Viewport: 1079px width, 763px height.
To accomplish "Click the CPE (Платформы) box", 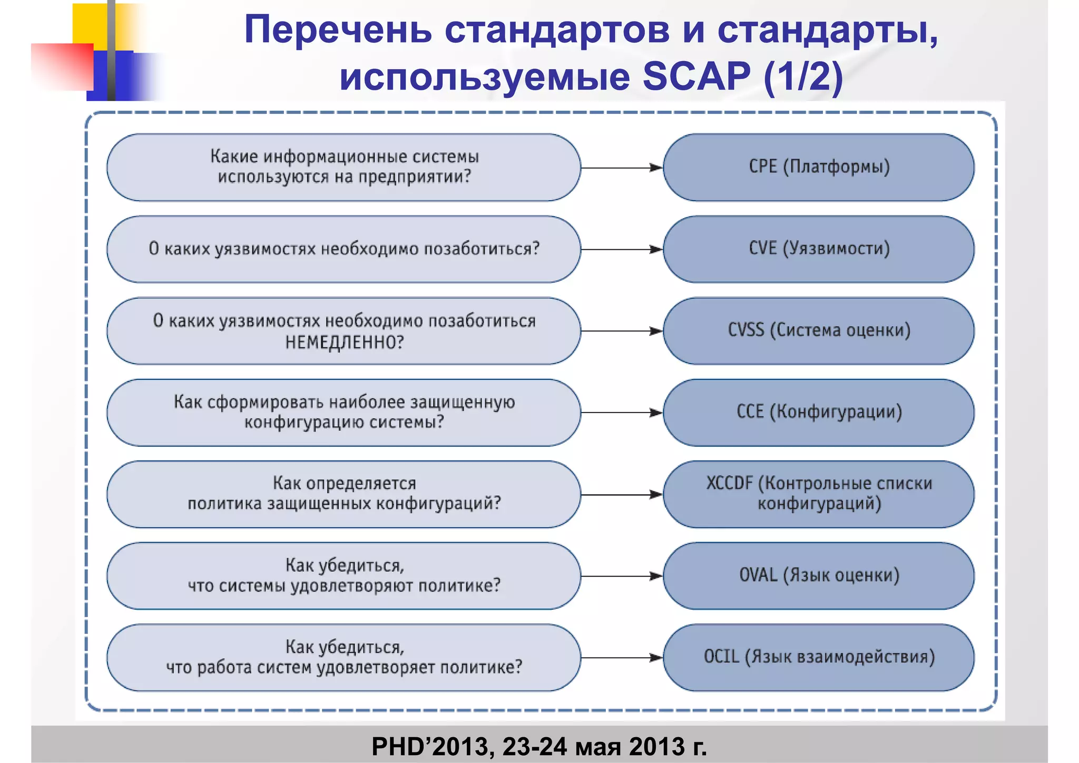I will tap(818, 167).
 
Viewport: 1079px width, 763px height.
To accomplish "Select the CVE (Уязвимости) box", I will tap(818, 249).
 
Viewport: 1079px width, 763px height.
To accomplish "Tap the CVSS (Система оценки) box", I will tap(818, 330).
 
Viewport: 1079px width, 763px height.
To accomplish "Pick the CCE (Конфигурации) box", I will tap(818, 412).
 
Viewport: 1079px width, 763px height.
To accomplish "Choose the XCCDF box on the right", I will tap(818, 494).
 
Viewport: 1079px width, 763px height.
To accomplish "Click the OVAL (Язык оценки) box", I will tap(818, 575).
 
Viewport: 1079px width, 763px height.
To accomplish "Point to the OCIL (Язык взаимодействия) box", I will tap(818, 657).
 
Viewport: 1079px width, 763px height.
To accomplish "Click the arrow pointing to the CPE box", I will tap(621, 168).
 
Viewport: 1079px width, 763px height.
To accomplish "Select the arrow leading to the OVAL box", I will tap(621, 576).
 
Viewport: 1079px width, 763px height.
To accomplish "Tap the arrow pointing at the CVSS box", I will tap(621, 331).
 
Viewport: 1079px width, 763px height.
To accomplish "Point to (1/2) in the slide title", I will tap(803, 76).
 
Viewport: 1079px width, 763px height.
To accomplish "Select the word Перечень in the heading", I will tap(338, 30).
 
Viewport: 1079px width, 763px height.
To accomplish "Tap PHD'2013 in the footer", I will tap(432, 746).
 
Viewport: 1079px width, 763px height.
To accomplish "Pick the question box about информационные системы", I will tap(344, 167).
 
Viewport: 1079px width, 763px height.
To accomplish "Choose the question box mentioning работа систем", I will tap(344, 657).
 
